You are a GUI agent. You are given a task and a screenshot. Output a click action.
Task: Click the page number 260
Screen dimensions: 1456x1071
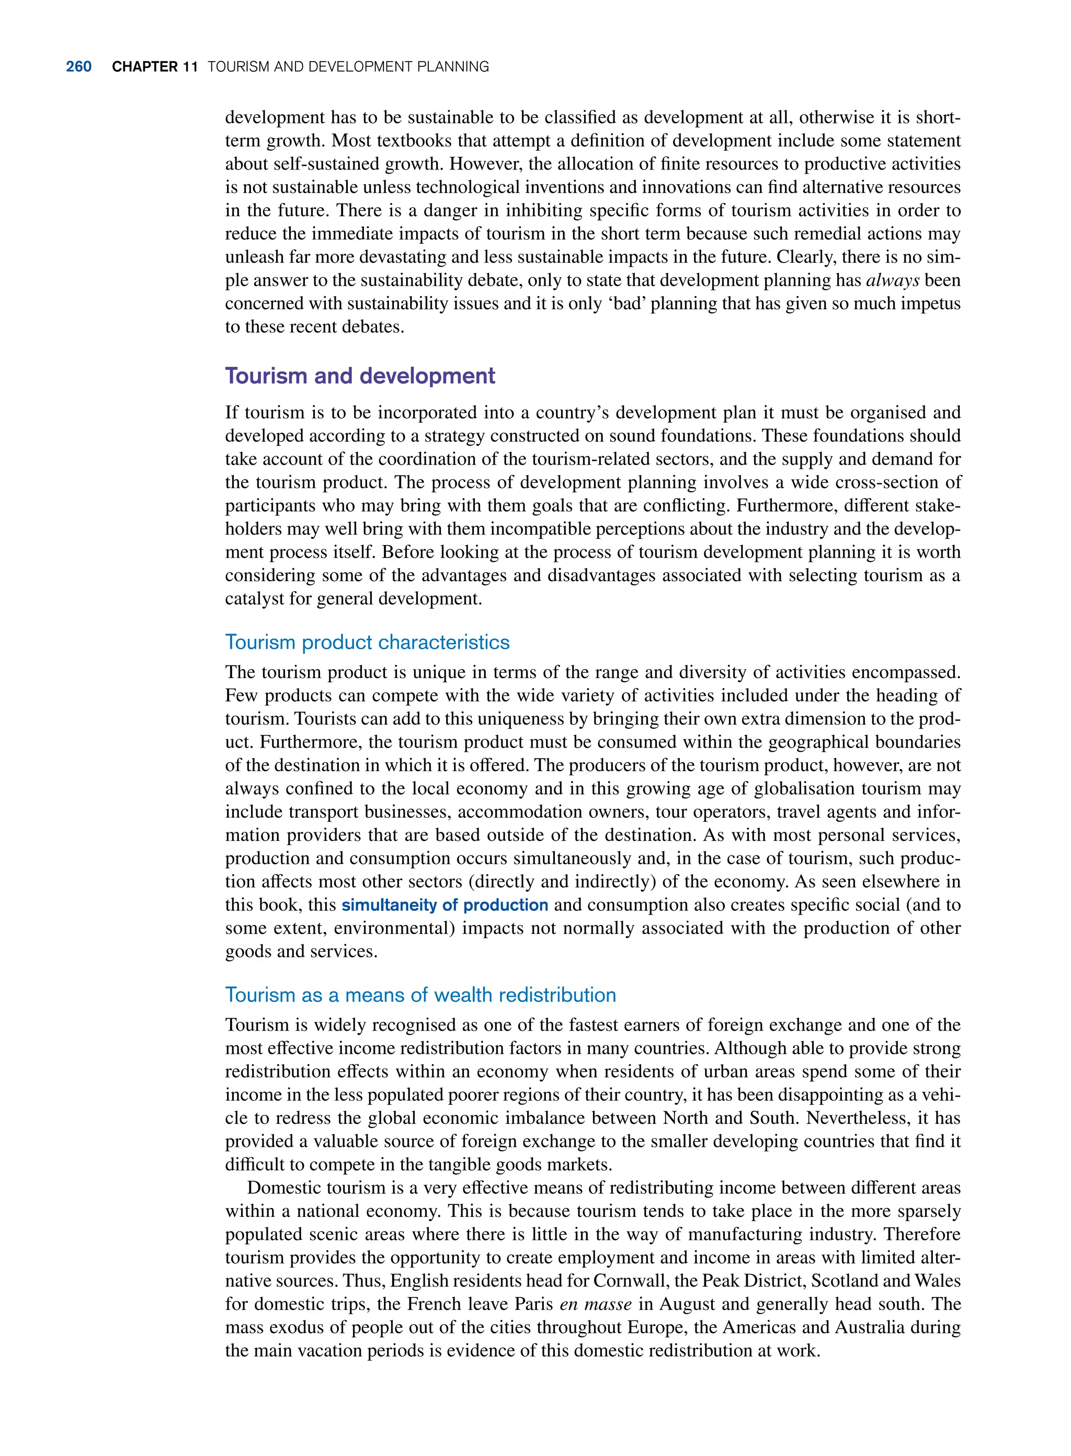coord(78,67)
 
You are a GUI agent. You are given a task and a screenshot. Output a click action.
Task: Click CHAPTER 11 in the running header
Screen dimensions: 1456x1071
coord(154,67)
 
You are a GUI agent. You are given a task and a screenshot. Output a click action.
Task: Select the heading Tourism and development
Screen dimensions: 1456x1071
coord(360,376)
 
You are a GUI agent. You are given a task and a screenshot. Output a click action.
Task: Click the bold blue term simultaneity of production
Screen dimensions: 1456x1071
coord(445,905)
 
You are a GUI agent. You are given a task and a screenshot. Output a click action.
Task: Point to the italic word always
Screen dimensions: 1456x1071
coord(893,280)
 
